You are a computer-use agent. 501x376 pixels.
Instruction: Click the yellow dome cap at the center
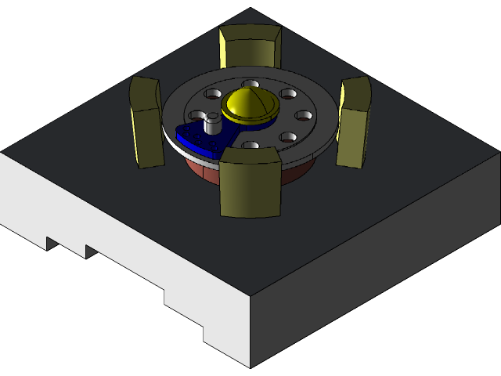(250, 106)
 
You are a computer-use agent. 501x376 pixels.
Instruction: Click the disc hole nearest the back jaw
(250, 84)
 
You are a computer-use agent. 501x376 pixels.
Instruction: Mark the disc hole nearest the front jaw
(250, 146)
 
